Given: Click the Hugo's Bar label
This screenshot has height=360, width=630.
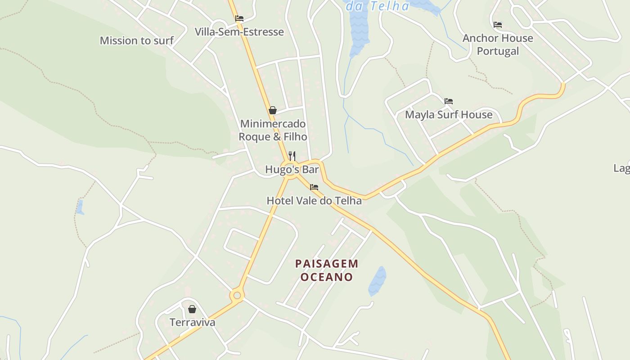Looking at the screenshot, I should [x=292, y=170].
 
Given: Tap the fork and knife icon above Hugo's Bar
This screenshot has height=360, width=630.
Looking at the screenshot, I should [x=292, y=156].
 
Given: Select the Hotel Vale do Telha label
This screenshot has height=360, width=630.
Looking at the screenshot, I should [x=314, y=201].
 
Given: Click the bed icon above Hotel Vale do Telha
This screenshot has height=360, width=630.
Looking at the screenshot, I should [x=314, y=187].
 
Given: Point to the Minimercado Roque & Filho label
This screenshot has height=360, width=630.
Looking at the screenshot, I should [x=273, y=130].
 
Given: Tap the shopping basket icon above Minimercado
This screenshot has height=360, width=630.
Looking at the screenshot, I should [x=272, y=110].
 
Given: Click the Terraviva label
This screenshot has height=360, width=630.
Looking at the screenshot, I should [x=192, y=322].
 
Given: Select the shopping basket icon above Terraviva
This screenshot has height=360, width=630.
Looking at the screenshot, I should [x=192, y=309].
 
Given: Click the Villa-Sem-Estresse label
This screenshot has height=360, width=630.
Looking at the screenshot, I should [x=239, y=32].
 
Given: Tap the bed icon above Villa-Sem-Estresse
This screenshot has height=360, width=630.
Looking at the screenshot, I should [x=239, y=18].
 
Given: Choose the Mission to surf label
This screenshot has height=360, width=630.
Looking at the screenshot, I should [x=136, y=40].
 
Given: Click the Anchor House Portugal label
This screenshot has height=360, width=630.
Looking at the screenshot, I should [x=498, y=45].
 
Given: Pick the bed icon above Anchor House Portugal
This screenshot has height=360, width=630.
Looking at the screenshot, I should [x=498, y=25].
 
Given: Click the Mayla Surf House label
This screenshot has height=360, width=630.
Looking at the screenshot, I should [x=449, y=115].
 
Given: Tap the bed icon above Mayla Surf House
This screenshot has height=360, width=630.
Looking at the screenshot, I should [x=449, y=101].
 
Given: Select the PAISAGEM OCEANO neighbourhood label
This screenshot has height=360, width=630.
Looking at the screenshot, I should [x=327, y=270].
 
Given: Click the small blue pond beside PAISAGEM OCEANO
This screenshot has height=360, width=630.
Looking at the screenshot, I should [x=377, y=281].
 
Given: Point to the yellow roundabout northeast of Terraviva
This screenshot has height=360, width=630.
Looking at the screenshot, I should [x=237, y=296].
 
